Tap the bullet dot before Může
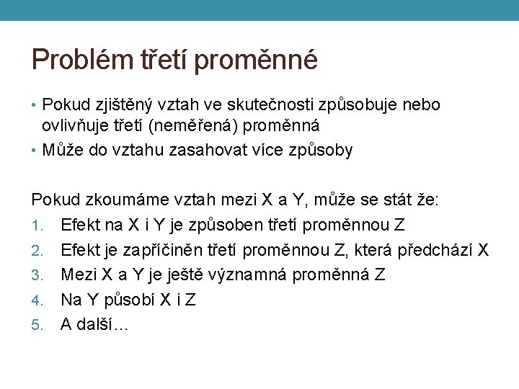[x=35, y=151]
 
